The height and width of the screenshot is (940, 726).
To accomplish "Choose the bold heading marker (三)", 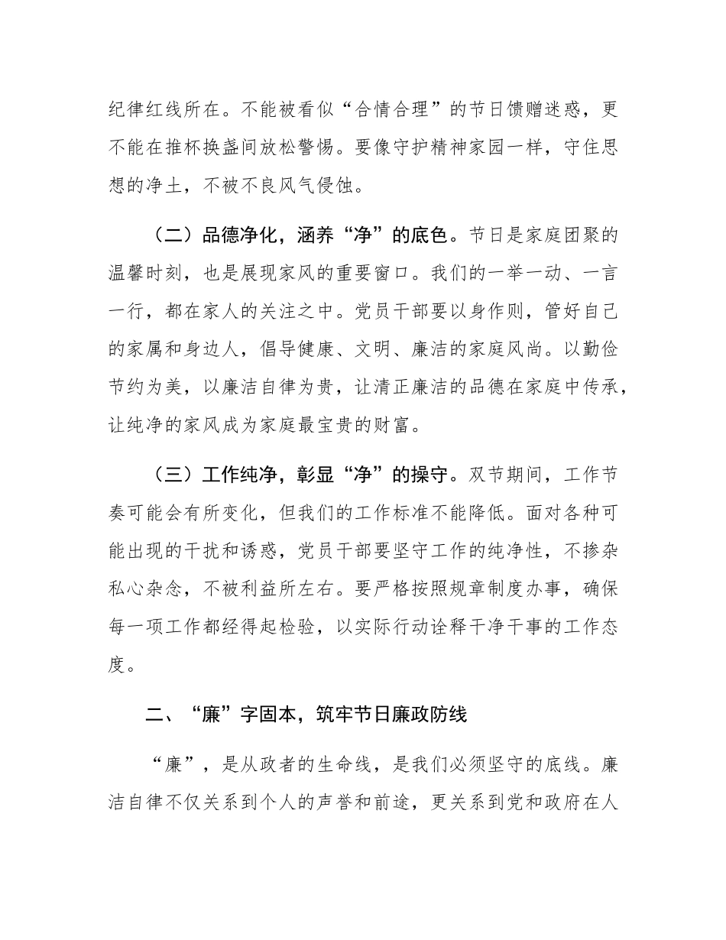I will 173,474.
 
